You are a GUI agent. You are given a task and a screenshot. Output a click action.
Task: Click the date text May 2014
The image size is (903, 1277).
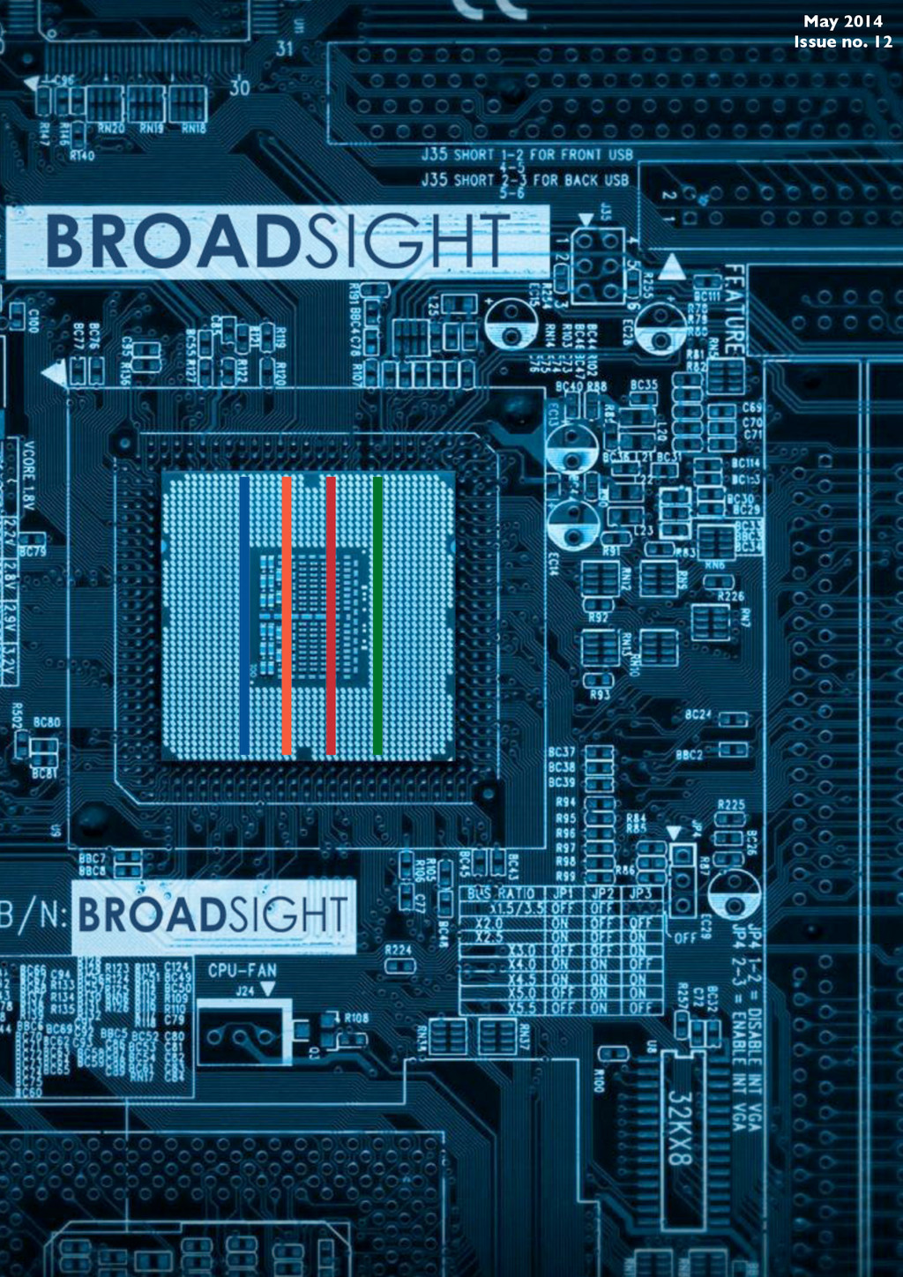pyautogui.click(x=842, y=22)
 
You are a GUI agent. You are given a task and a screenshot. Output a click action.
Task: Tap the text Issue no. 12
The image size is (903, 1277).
pyautogui.click(x=842, y=41)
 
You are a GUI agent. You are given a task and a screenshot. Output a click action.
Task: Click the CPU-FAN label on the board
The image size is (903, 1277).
pyautogui.click(x=243, y=971)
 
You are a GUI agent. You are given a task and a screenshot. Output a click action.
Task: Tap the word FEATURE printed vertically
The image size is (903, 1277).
pyautogui.click(x=734, y=310)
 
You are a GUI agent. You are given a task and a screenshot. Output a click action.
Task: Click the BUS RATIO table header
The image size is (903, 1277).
pyautogui.click(x=501, y=893)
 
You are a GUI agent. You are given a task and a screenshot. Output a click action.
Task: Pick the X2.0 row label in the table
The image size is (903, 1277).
pyautogui.click(x=490, y=922)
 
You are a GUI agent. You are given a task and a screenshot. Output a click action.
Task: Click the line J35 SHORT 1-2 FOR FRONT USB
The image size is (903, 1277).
pyautogui.click(x=526, y=154)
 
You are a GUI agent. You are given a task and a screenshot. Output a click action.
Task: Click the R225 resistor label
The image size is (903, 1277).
pyautogui.click(x=731, y=804)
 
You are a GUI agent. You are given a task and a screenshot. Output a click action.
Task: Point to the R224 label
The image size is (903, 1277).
pyautogui.click(x=398, y=950)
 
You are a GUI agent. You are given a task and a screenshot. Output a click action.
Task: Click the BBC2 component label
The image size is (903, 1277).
pyautogui.click(x=689, y=755)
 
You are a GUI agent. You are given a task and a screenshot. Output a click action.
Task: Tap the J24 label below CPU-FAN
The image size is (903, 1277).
pyautogui.click(x=245, y=990)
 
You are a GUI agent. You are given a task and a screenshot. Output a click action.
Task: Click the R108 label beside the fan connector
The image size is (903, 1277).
pyautogui.click(x=356, y=1017)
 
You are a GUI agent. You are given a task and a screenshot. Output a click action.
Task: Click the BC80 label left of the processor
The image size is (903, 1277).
pyautogui.click(x=47, y=722)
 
